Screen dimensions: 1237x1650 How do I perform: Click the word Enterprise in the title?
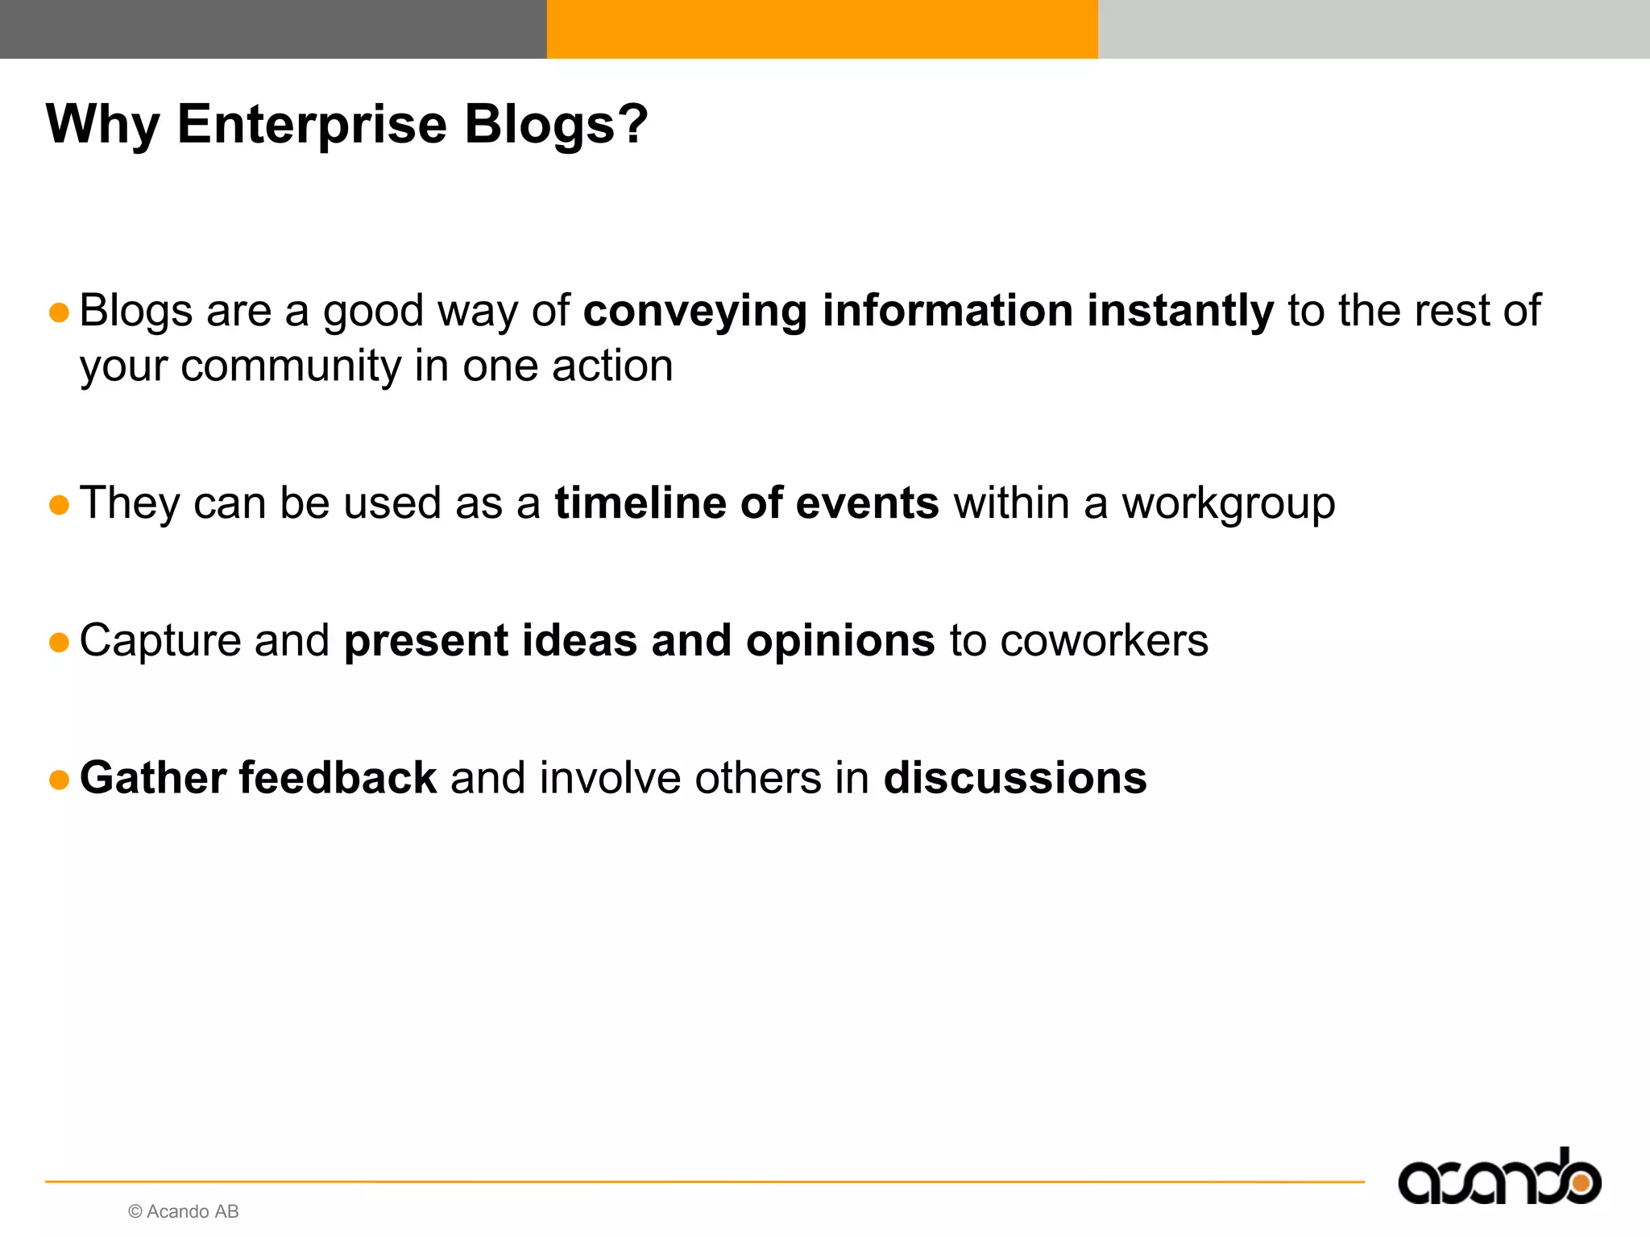click(311, 125)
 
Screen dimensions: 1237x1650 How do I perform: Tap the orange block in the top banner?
click(822, 29)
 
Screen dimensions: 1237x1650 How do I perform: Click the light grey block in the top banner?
click(1373, 29)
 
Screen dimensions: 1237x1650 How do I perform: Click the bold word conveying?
click(694, 312)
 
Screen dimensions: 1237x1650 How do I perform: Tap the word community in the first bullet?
click(291, 367)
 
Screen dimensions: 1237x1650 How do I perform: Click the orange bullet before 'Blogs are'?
click(59, 312)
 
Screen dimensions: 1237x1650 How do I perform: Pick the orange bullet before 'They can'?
click(59, 505)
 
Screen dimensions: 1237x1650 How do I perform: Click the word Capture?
click(160, 642)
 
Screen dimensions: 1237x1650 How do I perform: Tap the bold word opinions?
click(840, 642)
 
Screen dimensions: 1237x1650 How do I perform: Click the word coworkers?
click(1104, 641)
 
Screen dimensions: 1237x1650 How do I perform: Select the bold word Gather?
click(152, 778)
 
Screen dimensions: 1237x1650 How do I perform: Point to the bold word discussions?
click(1014, 778)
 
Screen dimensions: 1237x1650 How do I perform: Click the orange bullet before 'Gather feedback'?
click(59, 780)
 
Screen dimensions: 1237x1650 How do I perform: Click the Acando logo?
click(1499, 1179)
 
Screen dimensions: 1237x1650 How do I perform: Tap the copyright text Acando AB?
click(184, 1211)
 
